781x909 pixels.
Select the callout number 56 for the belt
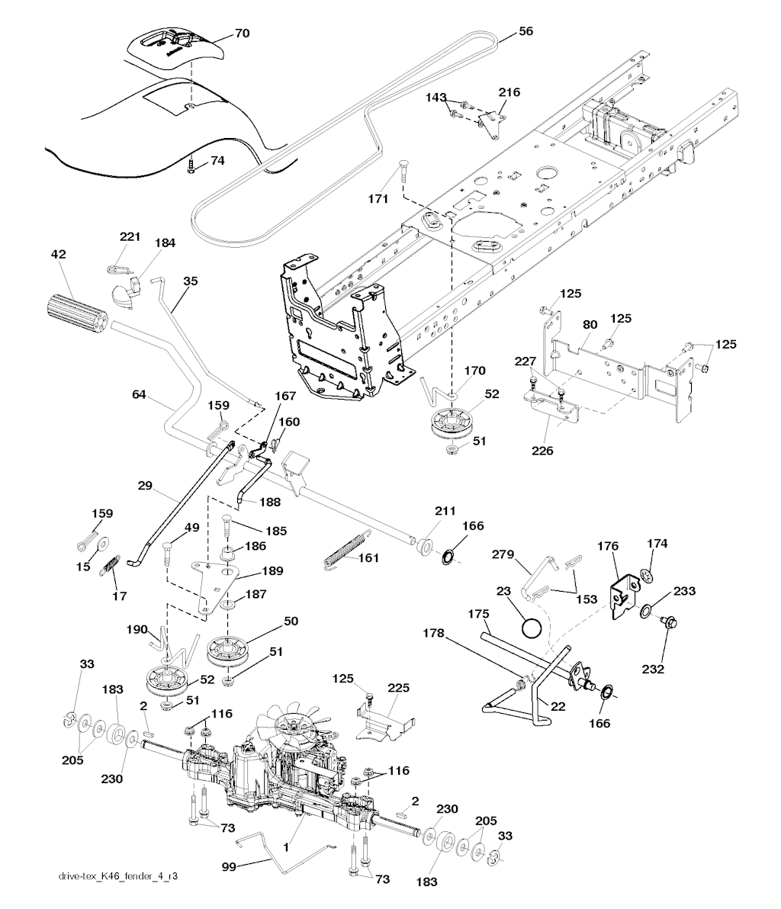pyautogui.click(x=526, y=31)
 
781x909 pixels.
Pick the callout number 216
pyautogui.click(x=509, y=92)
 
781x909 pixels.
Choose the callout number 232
pyautogui.click(x=654, y=669)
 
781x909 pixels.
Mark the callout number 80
pyautogui.click(x=589, y=324)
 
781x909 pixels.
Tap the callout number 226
pyautogui.click(x=542, y=451)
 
